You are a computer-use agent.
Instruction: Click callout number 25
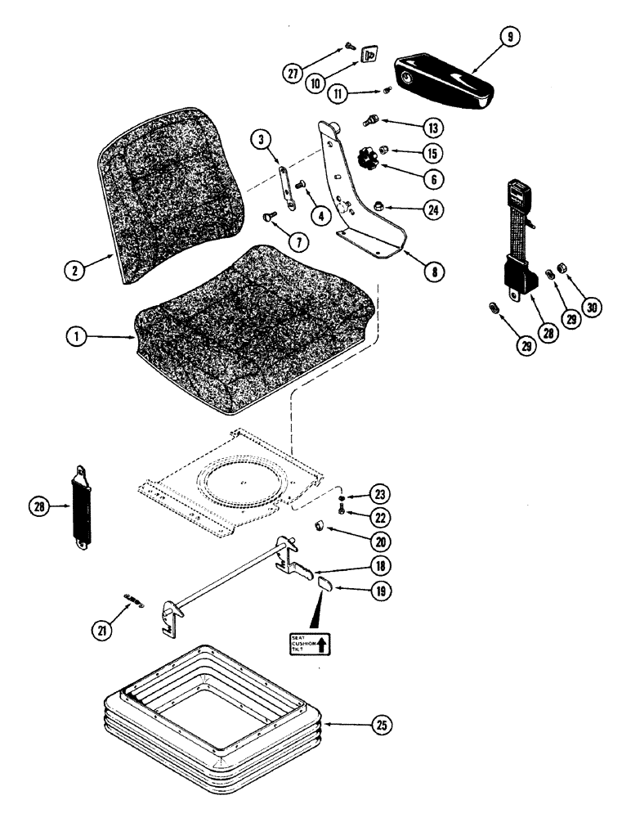click(x=378, y=725)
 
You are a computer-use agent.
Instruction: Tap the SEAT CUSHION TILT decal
click(x=310, y=645)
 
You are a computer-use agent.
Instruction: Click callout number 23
click(x=382, y=494)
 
